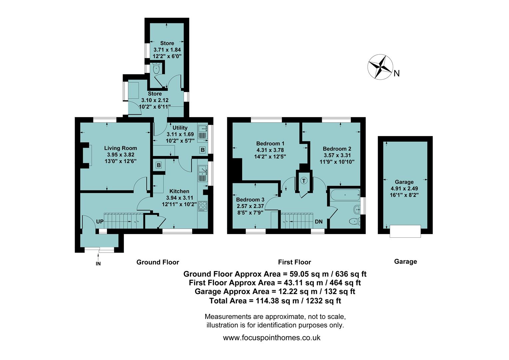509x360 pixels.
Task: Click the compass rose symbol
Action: pos(381,67)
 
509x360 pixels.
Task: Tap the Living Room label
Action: pos(121,148)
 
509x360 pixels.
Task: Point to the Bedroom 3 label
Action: pos(250,200)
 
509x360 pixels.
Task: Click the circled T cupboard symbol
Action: pos(304,181)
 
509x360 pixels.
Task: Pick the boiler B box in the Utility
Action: pos(203,150)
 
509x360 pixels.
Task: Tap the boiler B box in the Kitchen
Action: pos(159,165)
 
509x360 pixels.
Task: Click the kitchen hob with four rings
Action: pos(203,206)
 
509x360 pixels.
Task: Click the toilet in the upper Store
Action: pos(156,69)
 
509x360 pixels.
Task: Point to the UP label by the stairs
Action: pos(100,222)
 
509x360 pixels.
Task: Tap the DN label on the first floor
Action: pos(319,222)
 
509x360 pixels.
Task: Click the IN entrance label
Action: pos(98,264)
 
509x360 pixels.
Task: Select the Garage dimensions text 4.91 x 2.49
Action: pos(404,188)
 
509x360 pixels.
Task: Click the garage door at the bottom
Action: pos(405,231)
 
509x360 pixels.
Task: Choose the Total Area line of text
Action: pos(275,301)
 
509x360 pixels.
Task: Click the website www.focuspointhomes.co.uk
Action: pos(271,338)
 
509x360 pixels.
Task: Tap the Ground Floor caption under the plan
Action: pos(158,262)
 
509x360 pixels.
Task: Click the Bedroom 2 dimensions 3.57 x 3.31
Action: pos(337,155)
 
